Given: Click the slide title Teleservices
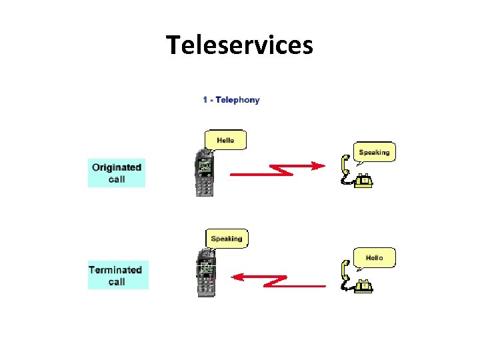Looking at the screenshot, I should (x=239, y=45).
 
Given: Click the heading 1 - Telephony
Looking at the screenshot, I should (x=231, y=100).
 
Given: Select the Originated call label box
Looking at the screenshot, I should (x=117, y=173).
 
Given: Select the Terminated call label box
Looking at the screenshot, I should (x=118, y=275).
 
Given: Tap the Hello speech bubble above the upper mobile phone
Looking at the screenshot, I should (x=225, y=140).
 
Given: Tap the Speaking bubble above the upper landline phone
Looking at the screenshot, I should (x=373, y=152).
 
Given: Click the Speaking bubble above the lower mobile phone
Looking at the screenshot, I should (x=226, y=238).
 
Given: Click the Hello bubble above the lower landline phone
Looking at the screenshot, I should (x=374, y=257).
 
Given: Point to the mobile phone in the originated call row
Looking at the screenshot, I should (x=205, y=173).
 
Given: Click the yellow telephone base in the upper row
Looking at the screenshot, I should (x=363, y=181).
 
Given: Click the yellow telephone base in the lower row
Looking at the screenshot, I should (x=363, y=286).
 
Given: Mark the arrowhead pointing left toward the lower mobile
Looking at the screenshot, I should (x=236, y=277).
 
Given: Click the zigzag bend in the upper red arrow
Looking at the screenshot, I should (x=285, y=171).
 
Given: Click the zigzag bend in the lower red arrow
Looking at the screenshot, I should (x=273, y=281).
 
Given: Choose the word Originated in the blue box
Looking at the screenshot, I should (x=117, y=167).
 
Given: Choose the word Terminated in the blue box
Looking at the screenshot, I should (x=115, y=270).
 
